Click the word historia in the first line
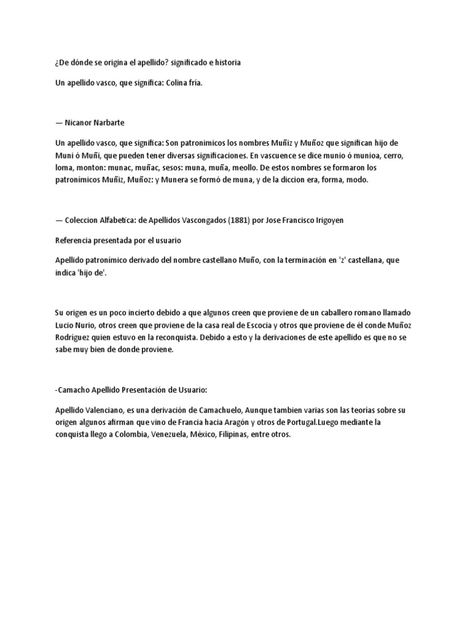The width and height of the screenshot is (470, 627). [x=226, y=62]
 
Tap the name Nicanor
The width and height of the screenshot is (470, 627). [x=85, y=122]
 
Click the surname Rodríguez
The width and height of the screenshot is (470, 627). [x=76, y=337]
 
